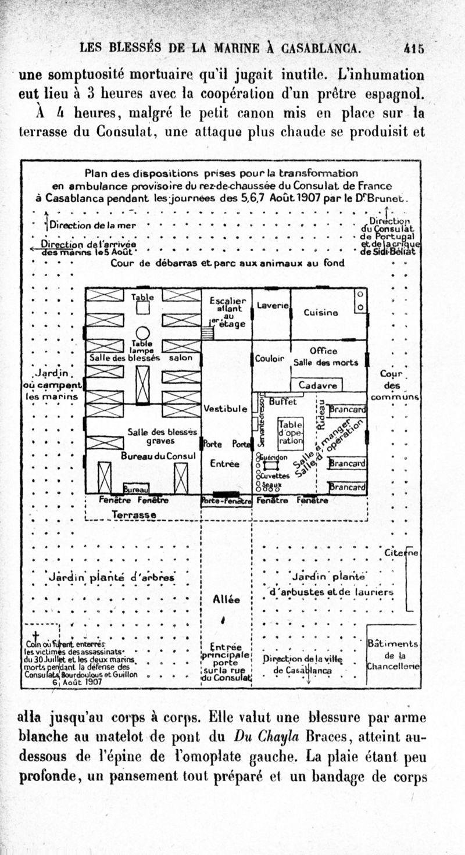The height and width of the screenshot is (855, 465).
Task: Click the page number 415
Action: click(414, 49)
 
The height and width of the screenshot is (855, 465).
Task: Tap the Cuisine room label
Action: click(320, 313)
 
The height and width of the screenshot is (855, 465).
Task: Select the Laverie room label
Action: click(270, 305)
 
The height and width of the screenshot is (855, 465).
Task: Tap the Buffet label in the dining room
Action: click(283, 401)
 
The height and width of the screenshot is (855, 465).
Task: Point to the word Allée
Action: click(226, 599)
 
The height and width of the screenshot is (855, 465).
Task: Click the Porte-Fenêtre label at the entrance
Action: click(226, 500)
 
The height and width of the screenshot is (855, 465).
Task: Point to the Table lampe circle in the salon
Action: click(142, 334)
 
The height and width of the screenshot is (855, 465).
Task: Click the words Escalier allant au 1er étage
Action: click(227, 312)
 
